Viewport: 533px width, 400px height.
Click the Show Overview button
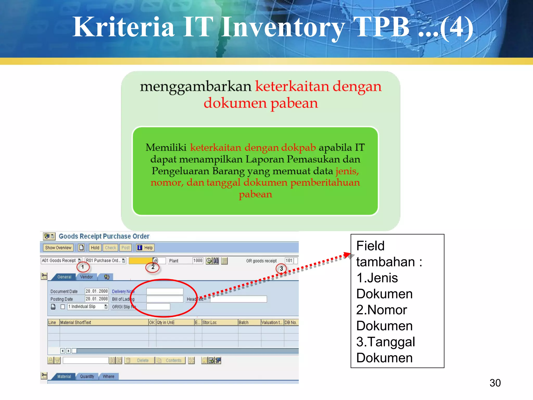coord(58,248)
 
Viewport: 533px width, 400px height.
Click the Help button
coord(145,248)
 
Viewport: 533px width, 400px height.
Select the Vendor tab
coord(86,277)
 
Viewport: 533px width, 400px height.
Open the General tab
coord(64,277)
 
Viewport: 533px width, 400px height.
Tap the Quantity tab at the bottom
coord(87,376)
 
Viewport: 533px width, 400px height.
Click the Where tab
coord(108,376)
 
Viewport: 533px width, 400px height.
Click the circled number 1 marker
coord(83,267)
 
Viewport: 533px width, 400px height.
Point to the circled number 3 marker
coord(281,268)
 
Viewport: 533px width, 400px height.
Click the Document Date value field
coord(97,291)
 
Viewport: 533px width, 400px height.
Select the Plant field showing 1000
coord(198,260)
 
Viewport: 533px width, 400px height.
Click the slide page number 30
coord(495,383)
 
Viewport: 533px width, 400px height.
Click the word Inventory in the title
coord(283,27)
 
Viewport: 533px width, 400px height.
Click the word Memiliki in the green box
coord(166,147)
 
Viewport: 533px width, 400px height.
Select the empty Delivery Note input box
coord(165,291)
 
